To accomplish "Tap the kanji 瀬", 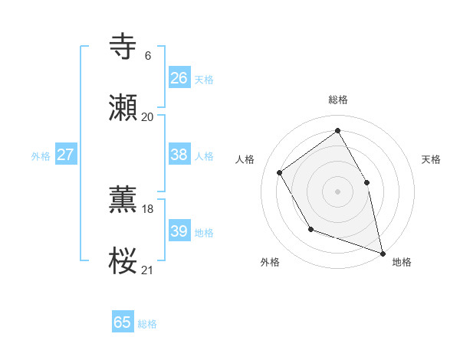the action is click(x=124, y=108).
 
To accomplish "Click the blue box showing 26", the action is click(x=179, y=77).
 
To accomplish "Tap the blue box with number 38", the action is click(x=179, y=155).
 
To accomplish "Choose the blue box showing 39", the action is click(x=179, y=231).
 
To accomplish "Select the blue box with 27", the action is click(x=65, y=155).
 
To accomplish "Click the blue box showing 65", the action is click(x=123, y=322).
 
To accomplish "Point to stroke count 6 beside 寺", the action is click(x=147, y=55).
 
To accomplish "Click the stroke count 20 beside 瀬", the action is click(x=147, y=116).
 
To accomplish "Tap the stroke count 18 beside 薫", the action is click(x=147, y=208).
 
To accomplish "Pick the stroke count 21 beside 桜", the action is click(x=147, y=270).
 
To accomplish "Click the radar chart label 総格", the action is click(x=337, y=100).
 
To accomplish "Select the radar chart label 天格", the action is click(x=431, y=159).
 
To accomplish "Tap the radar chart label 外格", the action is click(x=270, y=263).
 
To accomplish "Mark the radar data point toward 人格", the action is click(x=280, y=172).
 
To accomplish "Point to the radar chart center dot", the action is click(x=337, y=191).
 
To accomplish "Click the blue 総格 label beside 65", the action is click(x=147, y=324).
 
